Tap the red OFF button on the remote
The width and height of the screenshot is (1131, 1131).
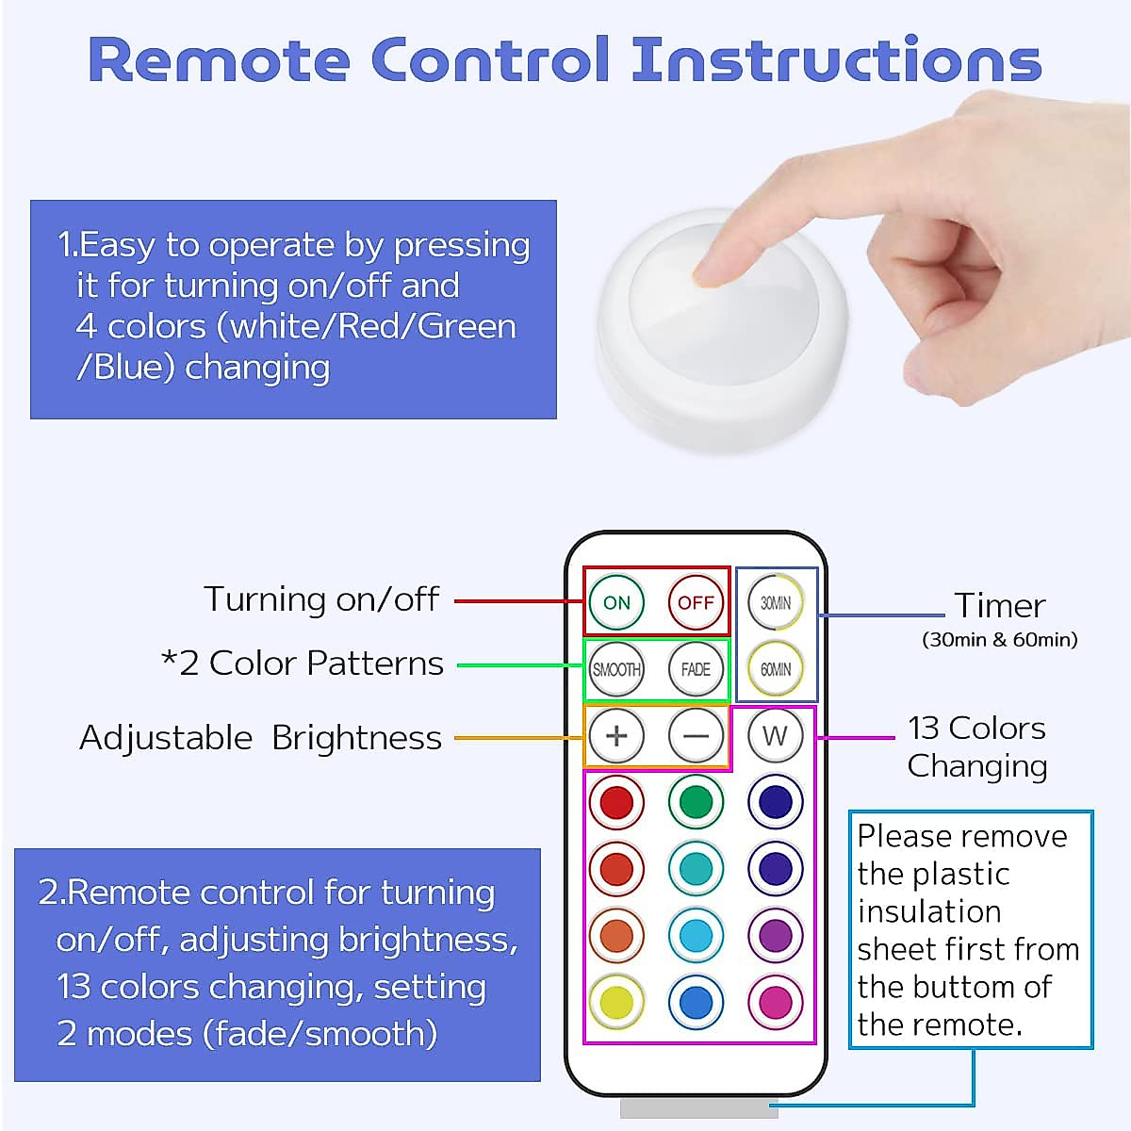(x=696, y=602)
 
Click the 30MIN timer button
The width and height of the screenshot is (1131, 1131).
(x=776, y=602)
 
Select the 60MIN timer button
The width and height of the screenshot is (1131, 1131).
(x=776, y=669)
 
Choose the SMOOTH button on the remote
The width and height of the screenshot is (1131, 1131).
(x=616, y=669)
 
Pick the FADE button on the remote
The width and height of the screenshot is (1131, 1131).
(x=696, y=669)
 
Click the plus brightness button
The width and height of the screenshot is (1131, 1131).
(x=616, y=736)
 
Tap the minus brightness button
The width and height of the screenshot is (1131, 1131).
(x=696, y=736)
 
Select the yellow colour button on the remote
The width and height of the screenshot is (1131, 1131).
(x=616, y=1002)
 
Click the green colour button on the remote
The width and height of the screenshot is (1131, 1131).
(x=696, y=802)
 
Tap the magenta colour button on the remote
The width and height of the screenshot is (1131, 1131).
(x=776, y=1002)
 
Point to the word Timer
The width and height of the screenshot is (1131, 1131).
(x=999, y=605)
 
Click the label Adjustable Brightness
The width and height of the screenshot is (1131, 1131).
(x=260, y=738)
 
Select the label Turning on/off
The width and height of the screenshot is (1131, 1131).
(x=321, y=599)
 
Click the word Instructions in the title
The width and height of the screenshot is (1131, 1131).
(x=836, y=60)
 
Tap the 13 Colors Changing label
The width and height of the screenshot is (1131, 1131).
(x=977, y=746)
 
